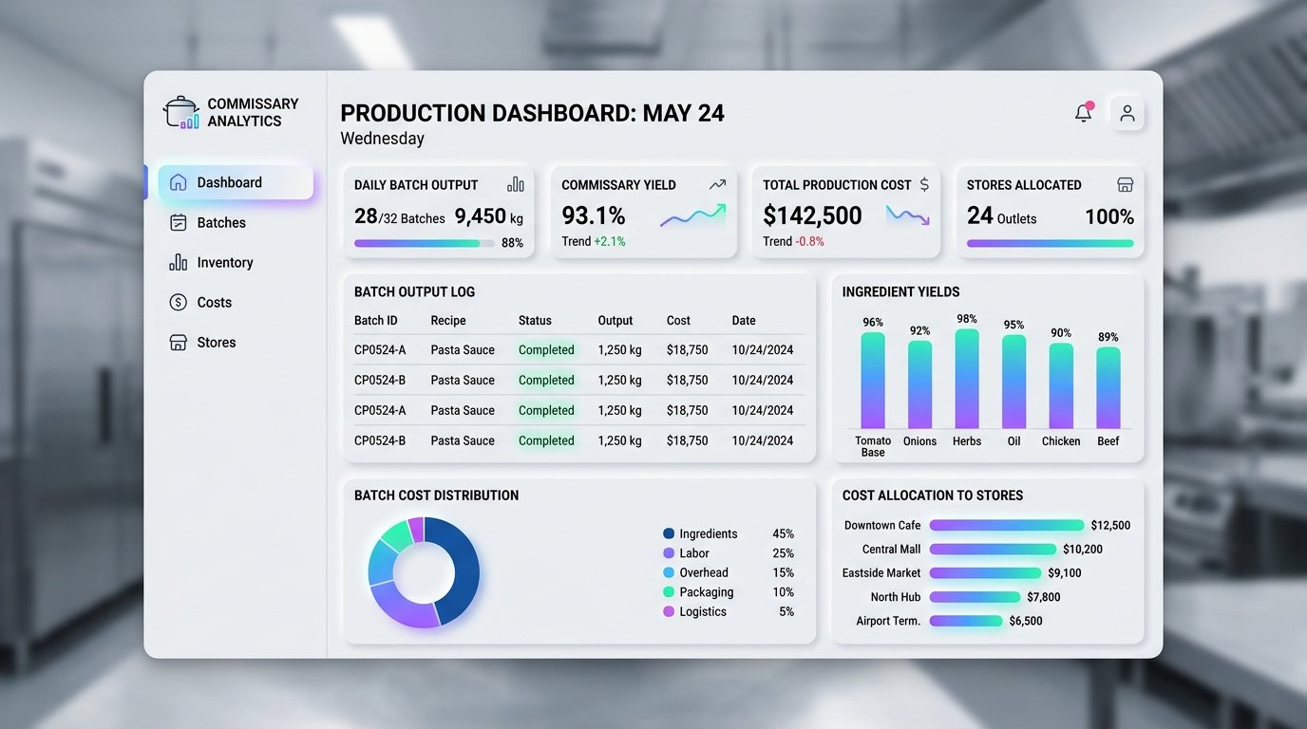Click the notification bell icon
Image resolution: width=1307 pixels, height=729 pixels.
[x=1084, y=113]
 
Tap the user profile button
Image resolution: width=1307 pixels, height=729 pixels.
[x=1127, y=113]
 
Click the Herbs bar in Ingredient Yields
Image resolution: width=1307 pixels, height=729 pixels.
[x=967, y=379]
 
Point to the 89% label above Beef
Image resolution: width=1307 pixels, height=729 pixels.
[x=1108, y=337]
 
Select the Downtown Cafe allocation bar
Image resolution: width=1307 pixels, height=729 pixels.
[x=1007, y=526]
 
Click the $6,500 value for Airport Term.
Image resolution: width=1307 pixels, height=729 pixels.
[x=1026, y=621]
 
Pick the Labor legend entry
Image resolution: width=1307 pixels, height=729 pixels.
[x=687, y=553]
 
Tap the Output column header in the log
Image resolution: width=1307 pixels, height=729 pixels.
[x=615, y=320]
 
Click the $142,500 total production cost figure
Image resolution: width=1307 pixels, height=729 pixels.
[x=812, y=215]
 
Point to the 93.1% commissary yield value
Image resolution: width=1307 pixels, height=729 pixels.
[x=594, y=215]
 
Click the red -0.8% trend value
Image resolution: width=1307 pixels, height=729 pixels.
[x=809, y=241]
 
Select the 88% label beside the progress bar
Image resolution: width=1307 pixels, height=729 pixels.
[x=512, y=243]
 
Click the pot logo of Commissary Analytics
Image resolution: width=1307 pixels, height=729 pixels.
[x=181, y=112]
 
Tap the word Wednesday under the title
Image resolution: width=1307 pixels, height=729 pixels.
[x=382, y=139]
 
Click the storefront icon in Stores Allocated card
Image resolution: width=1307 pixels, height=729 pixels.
[x=1125, y=185]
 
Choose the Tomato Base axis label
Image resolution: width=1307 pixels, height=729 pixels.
[x=873, y=446]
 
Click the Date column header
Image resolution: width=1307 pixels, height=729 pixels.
[x=744, y=320]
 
